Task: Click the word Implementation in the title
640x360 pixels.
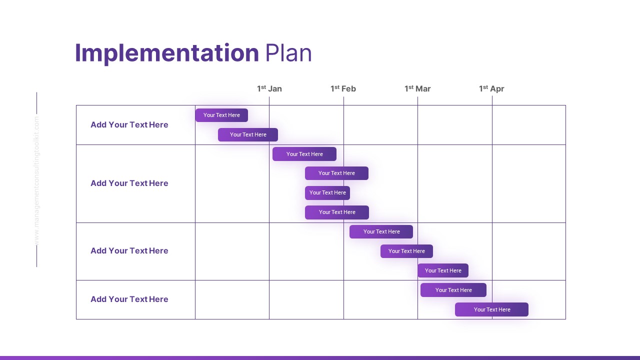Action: [166, 53]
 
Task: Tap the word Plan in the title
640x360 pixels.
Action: [288, 53]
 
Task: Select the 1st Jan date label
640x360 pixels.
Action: [269, 88]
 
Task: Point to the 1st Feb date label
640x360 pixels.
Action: [343, 88]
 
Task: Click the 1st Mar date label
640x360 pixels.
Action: [417, 88]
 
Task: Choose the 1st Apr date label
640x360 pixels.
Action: [491, 88]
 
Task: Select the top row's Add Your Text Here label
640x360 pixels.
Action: [129, 124]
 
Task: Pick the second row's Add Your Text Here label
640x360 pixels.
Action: [129, 183]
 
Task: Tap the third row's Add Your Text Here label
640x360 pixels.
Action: [129, 250]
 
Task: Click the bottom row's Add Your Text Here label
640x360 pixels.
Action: [129, 299]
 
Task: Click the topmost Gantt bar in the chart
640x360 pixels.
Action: [221, 115]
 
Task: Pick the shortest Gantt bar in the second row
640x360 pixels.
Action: [327, 192]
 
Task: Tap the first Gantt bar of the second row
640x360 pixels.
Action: [304, 154]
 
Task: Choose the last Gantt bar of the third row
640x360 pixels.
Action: [443, 270]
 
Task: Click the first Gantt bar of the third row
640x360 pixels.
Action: [381, 231]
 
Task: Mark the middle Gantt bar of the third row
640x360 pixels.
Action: [406, 251]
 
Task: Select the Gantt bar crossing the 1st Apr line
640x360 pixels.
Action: [491, 309]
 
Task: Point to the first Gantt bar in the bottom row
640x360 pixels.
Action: [453, 290]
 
